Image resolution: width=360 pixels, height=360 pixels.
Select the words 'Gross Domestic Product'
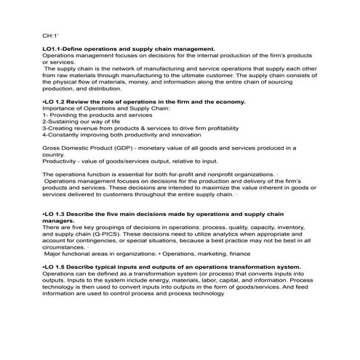[73, 148]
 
